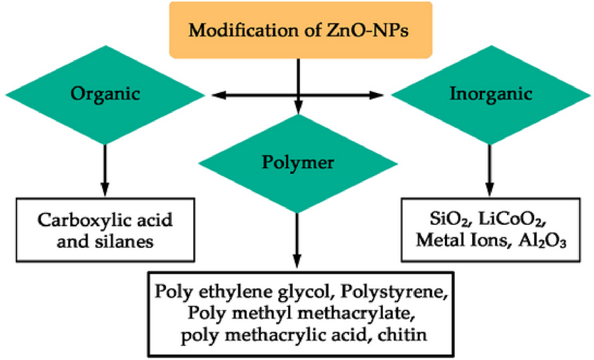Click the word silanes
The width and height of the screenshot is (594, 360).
tap(132, 241)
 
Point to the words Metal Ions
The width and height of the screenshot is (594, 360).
tap(465, 241)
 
